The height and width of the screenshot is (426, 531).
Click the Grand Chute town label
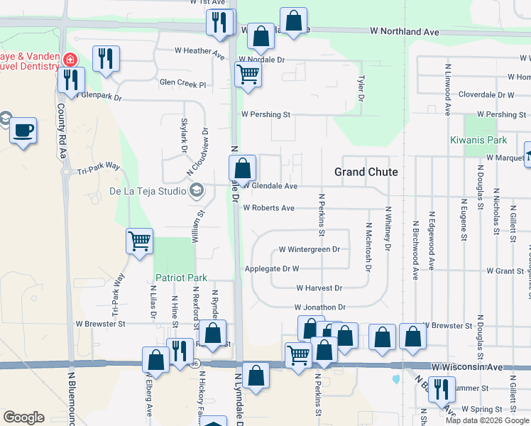point(366,172)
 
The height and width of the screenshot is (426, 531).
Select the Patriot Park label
point(182,277)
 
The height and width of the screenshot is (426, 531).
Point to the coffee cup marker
point(24,131)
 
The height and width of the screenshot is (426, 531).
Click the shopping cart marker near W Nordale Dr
point(247,74)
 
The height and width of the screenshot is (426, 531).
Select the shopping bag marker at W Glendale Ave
point(242,169)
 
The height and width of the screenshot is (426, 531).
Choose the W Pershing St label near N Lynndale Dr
point(266,114)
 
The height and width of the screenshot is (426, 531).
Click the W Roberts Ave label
point(268,209)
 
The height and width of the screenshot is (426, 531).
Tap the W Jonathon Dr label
point(320,307)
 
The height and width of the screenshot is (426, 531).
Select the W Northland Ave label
point(405,32)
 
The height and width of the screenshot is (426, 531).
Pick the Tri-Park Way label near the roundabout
point(98,171)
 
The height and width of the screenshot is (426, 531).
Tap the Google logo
point(24,417)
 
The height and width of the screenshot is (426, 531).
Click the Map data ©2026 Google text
point(486,420)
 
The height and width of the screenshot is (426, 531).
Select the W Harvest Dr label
point(319,288)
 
